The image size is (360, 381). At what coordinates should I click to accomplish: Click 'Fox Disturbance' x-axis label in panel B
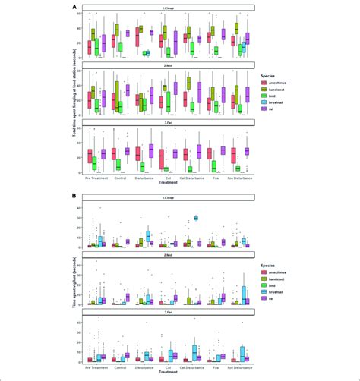[x=240, y=367]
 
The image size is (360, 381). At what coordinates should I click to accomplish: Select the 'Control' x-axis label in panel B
[x=120, y=367]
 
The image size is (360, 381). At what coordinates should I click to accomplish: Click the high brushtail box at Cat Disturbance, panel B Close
[x=195, y=218]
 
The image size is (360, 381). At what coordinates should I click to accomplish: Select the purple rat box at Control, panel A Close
[x=127, y=33]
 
